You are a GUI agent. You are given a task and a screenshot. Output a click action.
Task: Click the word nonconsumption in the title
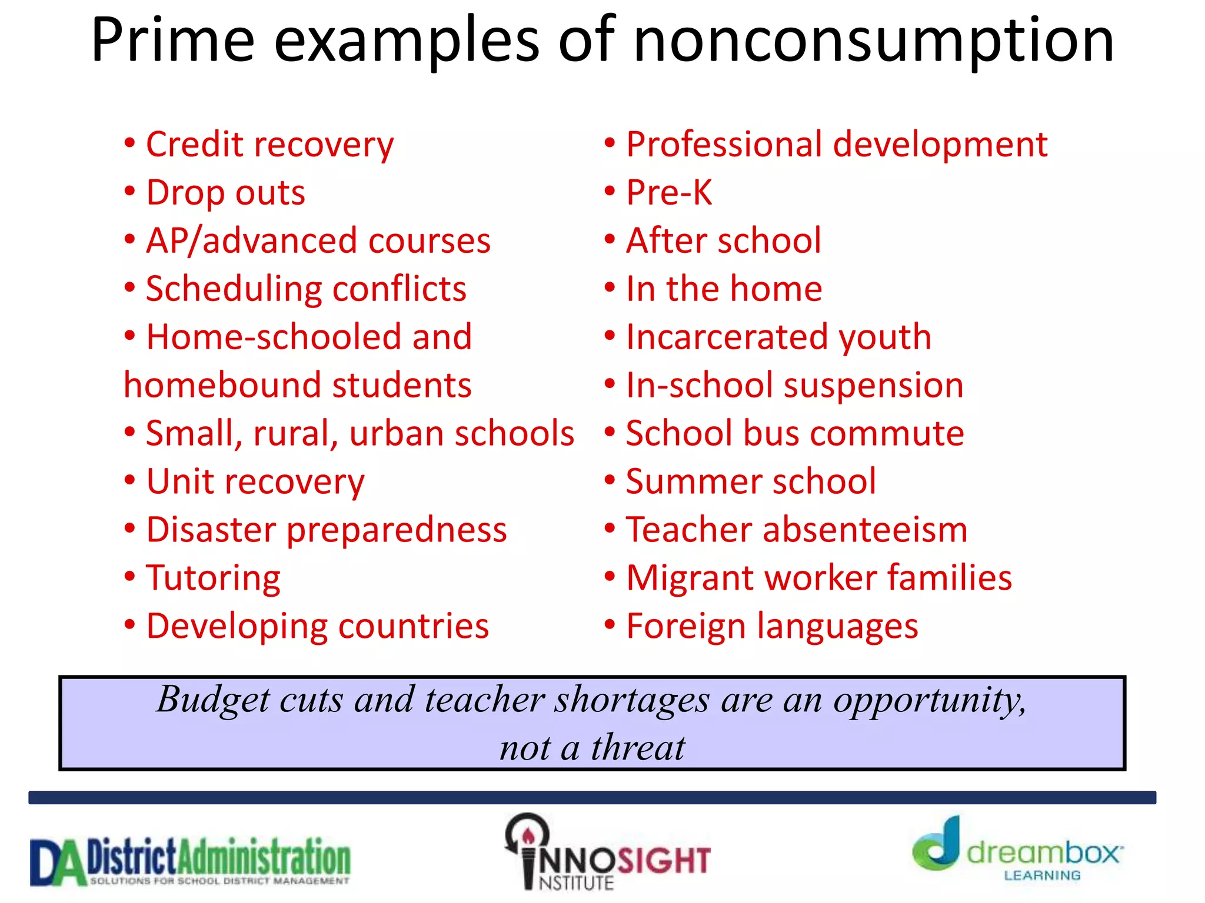click(873, 41)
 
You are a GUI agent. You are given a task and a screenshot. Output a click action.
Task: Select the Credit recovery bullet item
click(269, 145)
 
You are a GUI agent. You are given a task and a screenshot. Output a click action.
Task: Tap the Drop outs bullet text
click(225, 193)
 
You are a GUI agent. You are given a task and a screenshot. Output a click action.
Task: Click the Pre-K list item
click(669, 193)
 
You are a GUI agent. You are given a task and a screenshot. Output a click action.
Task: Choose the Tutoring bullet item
click(213, 578)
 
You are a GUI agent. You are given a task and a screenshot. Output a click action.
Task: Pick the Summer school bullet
click(751, 482)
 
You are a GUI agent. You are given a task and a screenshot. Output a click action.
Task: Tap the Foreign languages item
click(772, 627)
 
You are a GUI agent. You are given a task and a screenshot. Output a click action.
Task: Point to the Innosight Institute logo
click(606, 852)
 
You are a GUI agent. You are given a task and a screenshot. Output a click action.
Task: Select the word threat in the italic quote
click(638, 748)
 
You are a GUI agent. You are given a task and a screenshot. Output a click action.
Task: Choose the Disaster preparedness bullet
click(327, 530)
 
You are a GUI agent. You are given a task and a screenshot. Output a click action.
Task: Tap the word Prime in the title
click(173, 41)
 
